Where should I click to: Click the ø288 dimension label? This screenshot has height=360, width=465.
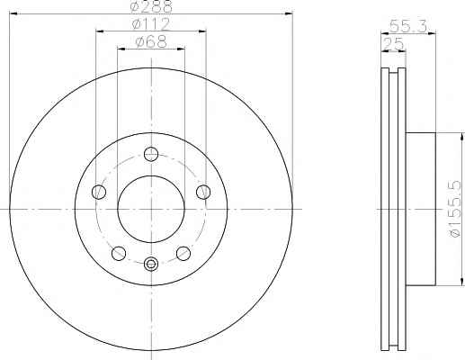tap(150, 5)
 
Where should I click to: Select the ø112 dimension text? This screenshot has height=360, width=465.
tap(150, 22)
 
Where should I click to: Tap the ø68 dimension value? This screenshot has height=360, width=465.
tap(150, 41)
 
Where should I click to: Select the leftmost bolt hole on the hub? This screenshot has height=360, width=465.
tap(98, 191)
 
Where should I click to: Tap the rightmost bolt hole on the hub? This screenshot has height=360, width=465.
tap(203, 191)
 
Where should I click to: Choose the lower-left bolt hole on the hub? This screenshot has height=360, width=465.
tap(119, 253)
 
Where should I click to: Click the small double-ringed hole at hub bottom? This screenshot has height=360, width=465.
tap(151, 264)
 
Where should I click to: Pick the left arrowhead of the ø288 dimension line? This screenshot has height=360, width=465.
tap(12, 13)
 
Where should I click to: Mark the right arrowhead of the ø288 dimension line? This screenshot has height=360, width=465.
tap(290, 13)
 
